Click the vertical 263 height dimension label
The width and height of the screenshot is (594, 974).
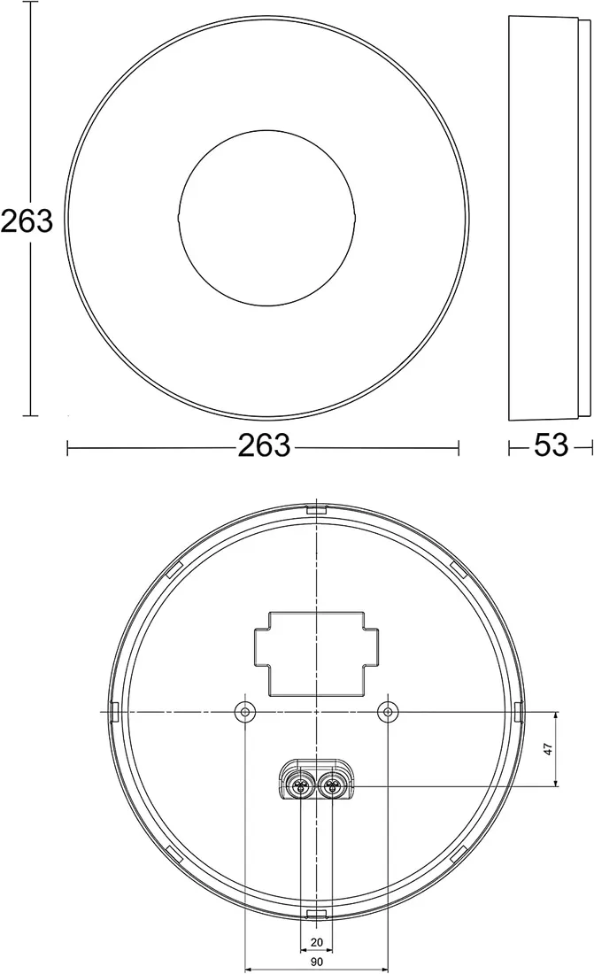[x=27, y=220]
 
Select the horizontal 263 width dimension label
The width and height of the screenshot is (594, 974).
[x=264, y=445]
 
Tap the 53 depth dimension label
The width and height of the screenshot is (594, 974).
[x=551, y=445]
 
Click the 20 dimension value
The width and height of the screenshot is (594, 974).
[x=317, y=943]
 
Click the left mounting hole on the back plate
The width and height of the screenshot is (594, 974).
[x=243, y=712]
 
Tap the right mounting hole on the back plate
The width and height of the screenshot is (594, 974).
[x=388, y=712]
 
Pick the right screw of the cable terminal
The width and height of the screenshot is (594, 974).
[x=332, y=784]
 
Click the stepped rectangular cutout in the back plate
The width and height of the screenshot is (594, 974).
[x=316, y=650]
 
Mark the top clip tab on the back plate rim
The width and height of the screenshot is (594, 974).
[x=316, y=510]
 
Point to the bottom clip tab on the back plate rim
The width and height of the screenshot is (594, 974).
[x=316, y=913]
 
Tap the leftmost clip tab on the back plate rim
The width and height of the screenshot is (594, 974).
[x=114, y=711]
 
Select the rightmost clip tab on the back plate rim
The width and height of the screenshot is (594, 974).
[x=518, y=711]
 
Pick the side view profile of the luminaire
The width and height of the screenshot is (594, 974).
[x=549, y=218]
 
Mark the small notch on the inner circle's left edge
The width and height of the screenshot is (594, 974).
[x=179, y=218]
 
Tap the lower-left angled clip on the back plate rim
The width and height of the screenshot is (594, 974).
[x=174, y=855]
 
